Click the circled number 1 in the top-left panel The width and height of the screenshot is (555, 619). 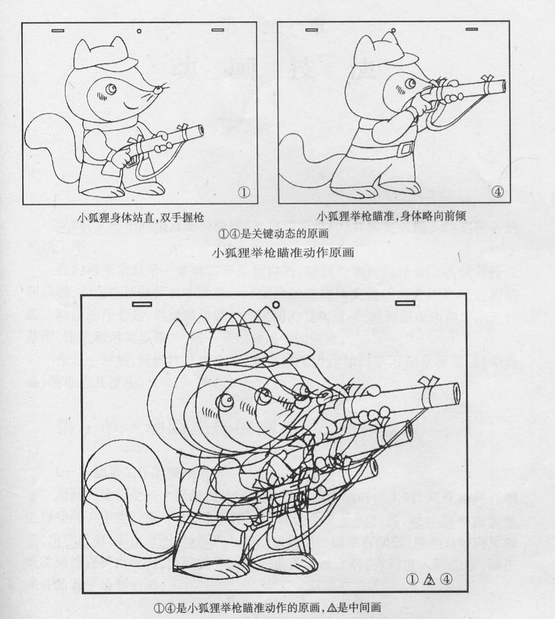click(243, 193)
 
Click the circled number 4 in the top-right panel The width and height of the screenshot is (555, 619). click(497, 192)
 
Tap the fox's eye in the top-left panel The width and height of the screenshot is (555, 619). click(112, 89)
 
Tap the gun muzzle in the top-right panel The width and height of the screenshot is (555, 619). click(500, 88)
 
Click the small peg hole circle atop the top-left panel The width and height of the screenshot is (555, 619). click(139, 30)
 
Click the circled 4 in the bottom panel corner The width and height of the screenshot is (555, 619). click(446, 579)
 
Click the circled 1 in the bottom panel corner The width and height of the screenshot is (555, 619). click(412, 579)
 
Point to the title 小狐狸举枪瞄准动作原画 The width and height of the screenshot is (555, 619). click(283, 252)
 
